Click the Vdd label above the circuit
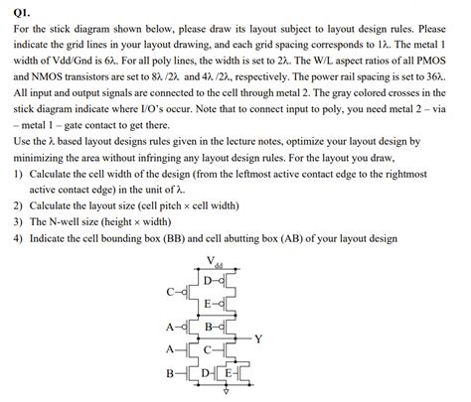point(216,262)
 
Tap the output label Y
point(258,337)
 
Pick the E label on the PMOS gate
point(207,304)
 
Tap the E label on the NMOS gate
point(231,374)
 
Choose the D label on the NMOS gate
point(206,374)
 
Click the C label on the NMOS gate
point(207,348)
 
